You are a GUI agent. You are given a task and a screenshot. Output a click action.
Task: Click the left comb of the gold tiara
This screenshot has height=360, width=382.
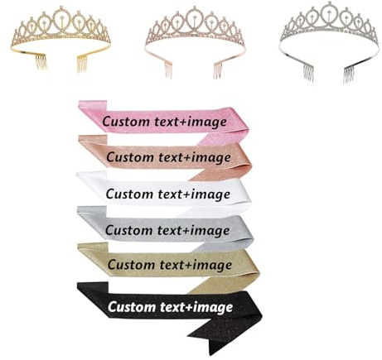coord(41,62)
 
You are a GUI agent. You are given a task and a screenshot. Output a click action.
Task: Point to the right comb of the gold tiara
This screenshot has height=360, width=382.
coord(82,64)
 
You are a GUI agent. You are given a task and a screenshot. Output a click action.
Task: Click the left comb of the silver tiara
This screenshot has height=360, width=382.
coord(308,73)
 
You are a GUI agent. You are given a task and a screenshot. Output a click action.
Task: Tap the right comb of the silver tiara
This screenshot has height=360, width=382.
coord(349,74)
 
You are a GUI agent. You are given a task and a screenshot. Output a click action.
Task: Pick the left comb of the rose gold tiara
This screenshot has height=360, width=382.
coord(169,71)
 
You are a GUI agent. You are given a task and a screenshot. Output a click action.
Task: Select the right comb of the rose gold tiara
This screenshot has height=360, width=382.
coord(218,71)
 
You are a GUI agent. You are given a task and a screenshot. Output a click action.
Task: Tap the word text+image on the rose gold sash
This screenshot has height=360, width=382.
coord(195,157)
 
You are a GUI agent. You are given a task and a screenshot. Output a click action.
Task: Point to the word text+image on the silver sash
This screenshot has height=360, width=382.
coord(194,230)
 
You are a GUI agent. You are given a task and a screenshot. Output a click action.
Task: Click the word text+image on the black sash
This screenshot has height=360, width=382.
coord(196,307)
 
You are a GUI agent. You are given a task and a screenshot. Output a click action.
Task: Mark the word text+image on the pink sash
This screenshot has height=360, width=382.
coord(191,122)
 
